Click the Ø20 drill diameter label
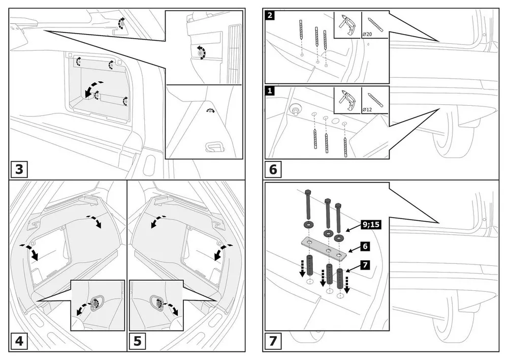(x=368, y=34)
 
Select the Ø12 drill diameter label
(x=368, y=109)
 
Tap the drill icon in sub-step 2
(x=347, y=24)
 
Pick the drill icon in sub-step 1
(x=347, y=99)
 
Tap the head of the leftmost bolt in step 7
(x=308, y=193)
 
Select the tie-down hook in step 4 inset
(x=94, y=303)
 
